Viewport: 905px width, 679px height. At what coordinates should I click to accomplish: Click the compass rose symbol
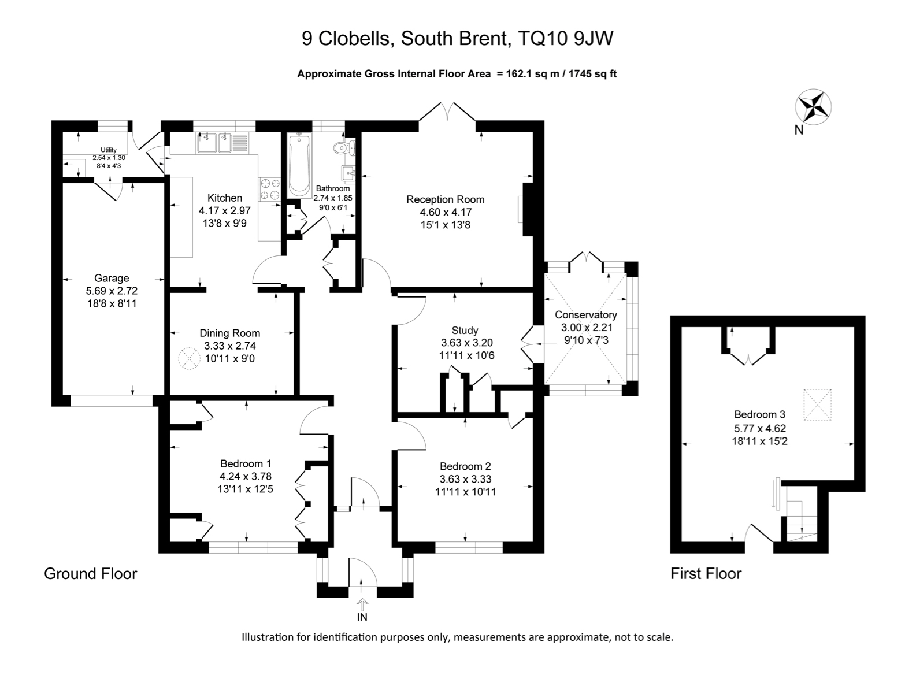pos(813,107)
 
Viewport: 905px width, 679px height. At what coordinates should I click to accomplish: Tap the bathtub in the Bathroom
pos(299,164)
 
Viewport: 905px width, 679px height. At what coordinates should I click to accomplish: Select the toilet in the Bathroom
pos(344,148)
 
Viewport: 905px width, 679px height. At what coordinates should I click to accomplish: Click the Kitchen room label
pos(225,198)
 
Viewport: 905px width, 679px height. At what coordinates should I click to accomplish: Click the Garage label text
pos(112,278)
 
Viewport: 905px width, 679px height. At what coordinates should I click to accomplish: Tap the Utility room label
pos(109,150)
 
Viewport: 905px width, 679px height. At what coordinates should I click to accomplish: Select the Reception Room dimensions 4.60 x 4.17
pos(445,212)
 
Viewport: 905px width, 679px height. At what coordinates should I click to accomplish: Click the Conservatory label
pos(585,315)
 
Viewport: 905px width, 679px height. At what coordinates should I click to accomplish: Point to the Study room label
pos(465,331)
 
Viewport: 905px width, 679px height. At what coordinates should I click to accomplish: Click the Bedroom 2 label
pos(465,466)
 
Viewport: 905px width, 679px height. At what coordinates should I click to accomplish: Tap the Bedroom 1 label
pos(246,463)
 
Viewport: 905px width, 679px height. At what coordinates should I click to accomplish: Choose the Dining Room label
pos(229,333)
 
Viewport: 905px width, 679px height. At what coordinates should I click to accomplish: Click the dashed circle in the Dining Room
pos(188,358)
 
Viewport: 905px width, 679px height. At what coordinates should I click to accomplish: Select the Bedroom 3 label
pos(759,414)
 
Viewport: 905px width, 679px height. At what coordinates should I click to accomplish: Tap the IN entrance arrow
pos(362,605)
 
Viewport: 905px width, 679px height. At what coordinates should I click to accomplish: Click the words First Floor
pos(706,573)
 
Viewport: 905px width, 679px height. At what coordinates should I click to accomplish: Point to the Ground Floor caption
pos(91,573)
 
